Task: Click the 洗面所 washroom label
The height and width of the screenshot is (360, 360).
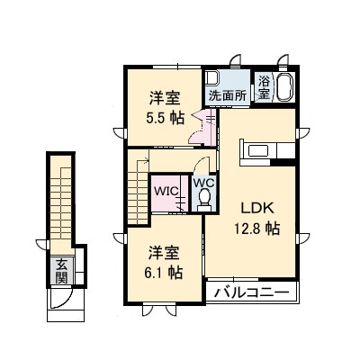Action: [x=228, y=95]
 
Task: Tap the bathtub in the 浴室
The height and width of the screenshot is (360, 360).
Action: [x=284, y=88]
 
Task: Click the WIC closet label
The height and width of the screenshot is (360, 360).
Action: [x=164, y=191]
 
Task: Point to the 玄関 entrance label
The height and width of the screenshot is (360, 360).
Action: [x=61, y=271]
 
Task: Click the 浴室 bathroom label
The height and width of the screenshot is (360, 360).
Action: [x=265, y=86]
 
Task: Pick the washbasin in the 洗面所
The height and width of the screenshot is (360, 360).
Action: [x=213, y=78]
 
